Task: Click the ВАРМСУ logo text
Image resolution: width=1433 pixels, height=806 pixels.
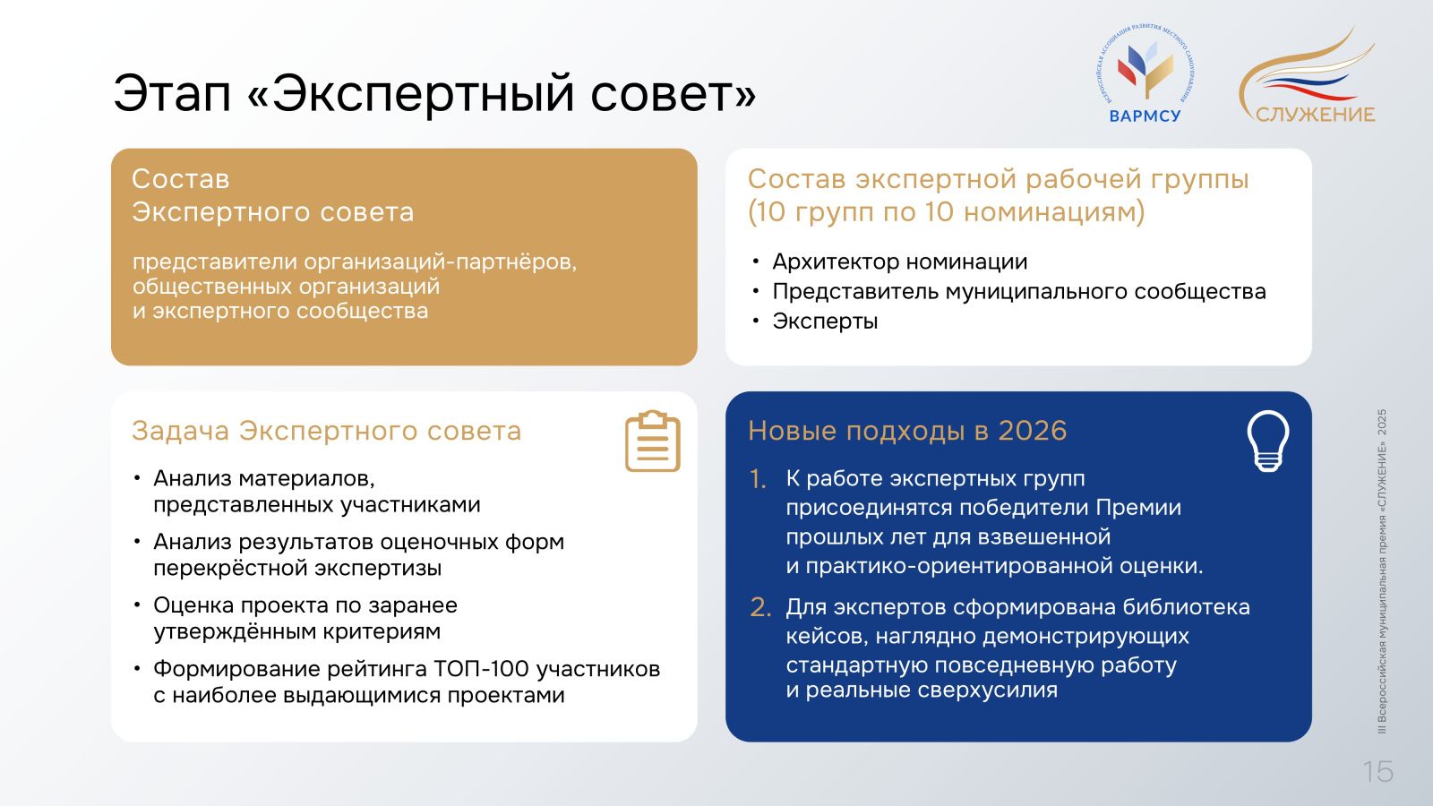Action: pyautogui.click(x=1145, y=116)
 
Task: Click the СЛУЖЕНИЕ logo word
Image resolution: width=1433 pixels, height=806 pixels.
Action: pyautogui.click(x=1316, y=115)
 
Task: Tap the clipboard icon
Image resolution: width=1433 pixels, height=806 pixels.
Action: pyautogui.click(x=653, y=442)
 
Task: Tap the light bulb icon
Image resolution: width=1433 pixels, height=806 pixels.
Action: pyautogui.click(x=1268, y=442)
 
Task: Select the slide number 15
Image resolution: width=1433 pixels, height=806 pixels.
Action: pyautogui.click(x=1378, y=772)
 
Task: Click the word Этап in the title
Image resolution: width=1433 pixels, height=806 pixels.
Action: pyautogui.click(x=172, y=93)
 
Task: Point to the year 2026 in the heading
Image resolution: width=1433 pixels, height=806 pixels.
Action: pyautogui.click(x=1033, y=431)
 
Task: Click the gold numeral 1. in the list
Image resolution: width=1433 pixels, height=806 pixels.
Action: pyautogui.click(x=758, y=479)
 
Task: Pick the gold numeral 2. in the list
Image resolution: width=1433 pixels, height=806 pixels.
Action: pyautogui.click(x=760, y=608)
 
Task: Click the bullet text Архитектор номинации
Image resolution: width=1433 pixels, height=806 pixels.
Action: pyautogui.click(x=899, y=262)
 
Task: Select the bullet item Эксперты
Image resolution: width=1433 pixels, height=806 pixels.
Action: pyautogui.click(x=825, y=322)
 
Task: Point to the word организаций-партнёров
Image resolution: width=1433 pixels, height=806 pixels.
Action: pyautogui.click(x=440, y=262)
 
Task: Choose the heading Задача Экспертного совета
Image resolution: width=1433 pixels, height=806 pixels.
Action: pyautogui.click(x=326, y=431)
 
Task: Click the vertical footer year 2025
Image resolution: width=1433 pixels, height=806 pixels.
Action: pyautogui.click(x=1382, y=423)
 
